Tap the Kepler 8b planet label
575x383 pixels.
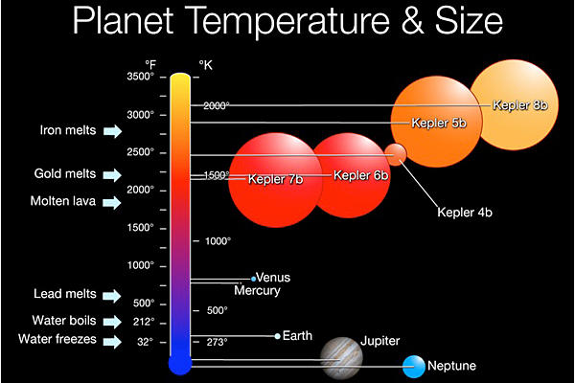point(519,103)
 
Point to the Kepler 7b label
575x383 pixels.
point(275,179)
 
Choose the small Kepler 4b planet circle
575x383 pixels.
point(395,153)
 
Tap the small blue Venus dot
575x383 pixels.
point(253,278)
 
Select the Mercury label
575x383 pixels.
point(257,290)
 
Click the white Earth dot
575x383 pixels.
point(278,336)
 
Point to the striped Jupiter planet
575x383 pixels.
point(341,357)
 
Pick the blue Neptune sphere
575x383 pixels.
point(414,366)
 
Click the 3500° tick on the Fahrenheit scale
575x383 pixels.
point(139,77)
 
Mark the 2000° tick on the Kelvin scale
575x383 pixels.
point(217,106)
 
